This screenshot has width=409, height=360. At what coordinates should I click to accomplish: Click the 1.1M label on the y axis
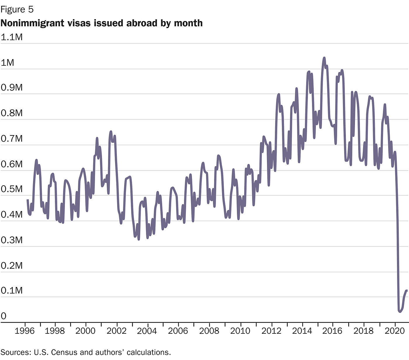(12, 37)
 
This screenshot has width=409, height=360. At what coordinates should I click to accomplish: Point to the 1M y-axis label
(8, 63)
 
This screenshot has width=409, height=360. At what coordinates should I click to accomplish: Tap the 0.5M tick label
(12, 189)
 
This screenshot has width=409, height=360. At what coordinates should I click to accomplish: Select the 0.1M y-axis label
(12, 291)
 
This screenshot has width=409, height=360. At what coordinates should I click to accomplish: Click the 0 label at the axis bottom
(4, 316)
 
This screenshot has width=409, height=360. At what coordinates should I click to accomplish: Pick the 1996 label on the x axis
(25, 331)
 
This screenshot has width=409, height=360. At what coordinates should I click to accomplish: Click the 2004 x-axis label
(147, 331)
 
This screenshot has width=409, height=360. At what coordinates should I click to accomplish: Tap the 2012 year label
(271, 331)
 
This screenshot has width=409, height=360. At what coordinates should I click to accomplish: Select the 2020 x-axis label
(395, 331)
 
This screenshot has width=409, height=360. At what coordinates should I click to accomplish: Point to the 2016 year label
(332, 331)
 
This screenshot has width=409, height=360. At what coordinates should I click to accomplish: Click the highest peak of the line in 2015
(324, 58)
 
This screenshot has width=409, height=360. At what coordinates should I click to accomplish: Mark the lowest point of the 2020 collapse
(400, 312)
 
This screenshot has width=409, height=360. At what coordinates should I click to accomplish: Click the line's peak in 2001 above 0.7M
(111, 132)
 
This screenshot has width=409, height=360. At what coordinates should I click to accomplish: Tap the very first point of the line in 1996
(28, 200)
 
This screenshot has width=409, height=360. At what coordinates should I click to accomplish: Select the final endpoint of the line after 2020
(407, 291)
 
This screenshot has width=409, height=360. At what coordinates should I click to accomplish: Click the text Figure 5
(17, 10)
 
